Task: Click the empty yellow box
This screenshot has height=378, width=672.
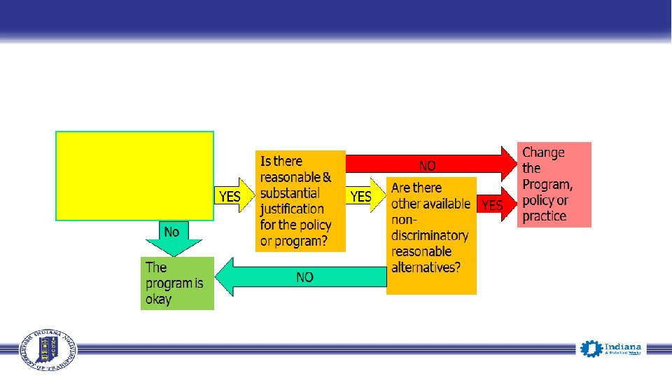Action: click(x=134, y=176)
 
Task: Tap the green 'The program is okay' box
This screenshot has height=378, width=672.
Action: click(x=177, y=283)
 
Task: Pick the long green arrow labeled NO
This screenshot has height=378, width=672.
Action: click(x=302, y=277)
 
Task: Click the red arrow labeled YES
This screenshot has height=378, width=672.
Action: click(x=498, y=205)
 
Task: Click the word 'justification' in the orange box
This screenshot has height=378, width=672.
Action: click(x=292, y=209)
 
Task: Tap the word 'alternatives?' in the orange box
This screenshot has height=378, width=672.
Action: click(x=426, y=267)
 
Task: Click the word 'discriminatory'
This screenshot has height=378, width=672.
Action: click(x=429, y=236)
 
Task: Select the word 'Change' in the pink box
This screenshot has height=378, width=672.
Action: click(x=543, y=152)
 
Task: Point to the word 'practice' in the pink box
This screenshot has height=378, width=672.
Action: click(x=544, y=216)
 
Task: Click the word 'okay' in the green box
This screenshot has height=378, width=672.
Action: click(x=159, y=300)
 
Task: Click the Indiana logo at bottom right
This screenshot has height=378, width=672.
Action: click(x=610, y=349)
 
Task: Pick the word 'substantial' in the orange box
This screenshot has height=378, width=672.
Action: click(x=289, y=193)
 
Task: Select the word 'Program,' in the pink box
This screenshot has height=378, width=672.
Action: click(x=547, y=184)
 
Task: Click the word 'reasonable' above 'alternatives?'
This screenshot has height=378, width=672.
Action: click(x=421, y=252)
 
